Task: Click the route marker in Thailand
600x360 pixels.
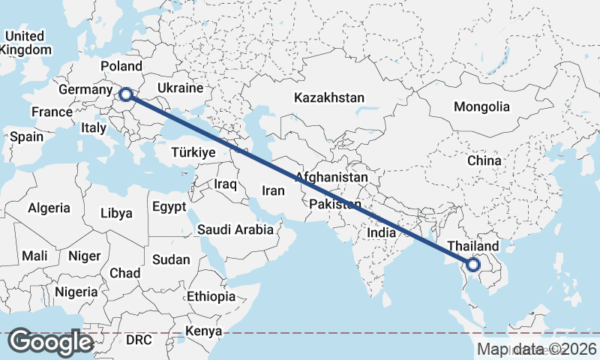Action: (x=473, y=264)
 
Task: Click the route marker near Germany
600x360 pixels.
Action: (x=126, y=94)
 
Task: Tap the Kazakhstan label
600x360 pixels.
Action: (x=329, y=98)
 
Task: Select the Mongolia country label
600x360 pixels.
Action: (x=481, y=106)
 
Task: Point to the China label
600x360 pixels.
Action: (x=484, y=160)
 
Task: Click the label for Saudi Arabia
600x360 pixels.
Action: (x=235, y=230)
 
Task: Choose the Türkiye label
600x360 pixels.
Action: (x=193, y=152)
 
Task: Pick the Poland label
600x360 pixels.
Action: (x=121, y=66)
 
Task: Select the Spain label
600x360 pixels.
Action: (x=26, y=137)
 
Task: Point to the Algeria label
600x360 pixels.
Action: (x=49, y=208)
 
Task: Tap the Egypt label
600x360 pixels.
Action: (x=168, y=206)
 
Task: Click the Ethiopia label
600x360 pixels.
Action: (x=211, y=296)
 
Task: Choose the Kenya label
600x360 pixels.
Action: (x=205, y=331)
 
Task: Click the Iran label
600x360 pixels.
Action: (x=273, y=190)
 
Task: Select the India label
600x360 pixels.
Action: (x=381, y=233)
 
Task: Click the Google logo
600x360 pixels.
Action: (x=51, y=341)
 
